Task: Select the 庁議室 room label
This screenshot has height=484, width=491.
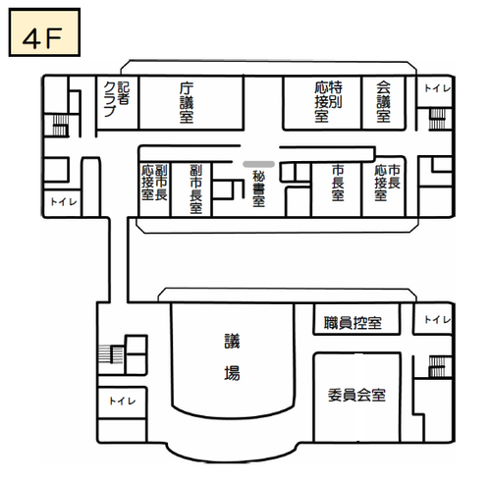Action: (x=187, y=102)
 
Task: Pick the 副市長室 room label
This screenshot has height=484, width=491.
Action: (x=196, y=188)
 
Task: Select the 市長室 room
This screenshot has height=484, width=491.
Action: (x=337, y=184)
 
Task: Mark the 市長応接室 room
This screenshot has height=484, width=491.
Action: (x=385, y=184)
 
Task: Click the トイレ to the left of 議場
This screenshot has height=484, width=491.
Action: (x=122, y=401)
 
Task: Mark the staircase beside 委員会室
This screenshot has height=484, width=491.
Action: (x=438, y=366)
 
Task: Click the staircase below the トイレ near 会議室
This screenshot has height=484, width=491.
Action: (x=437, y=118)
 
